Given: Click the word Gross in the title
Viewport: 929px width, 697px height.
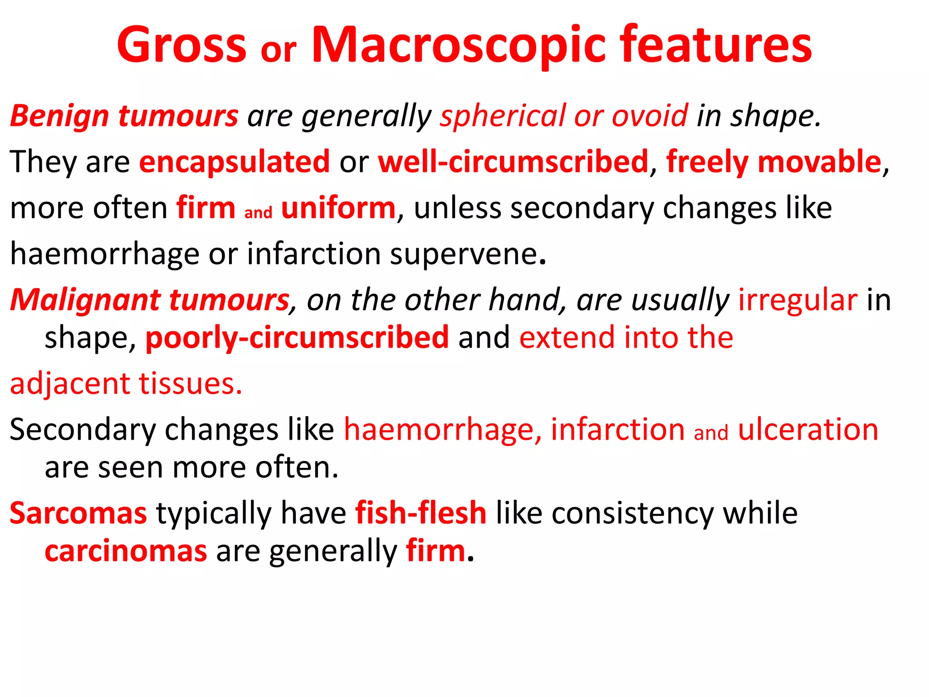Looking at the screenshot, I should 181,45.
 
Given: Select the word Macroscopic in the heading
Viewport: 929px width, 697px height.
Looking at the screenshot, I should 458,45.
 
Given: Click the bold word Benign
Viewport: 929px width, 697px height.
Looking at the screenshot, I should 59,116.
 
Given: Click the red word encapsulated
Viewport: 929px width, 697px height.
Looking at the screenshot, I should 234,162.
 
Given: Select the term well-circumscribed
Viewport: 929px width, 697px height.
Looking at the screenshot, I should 513,162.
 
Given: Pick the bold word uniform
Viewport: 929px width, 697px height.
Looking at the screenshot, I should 338,208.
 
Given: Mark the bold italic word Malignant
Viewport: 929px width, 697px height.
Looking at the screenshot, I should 84,300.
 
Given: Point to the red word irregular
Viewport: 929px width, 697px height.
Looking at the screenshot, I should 797,300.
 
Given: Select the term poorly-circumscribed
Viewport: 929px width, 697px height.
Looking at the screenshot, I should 297,338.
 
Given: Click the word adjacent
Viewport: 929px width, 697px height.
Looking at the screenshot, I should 70,384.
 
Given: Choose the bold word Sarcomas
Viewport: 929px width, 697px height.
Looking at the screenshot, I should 78,513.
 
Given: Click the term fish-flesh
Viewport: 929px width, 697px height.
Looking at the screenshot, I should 420,513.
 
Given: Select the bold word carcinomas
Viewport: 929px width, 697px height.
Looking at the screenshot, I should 126,551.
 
